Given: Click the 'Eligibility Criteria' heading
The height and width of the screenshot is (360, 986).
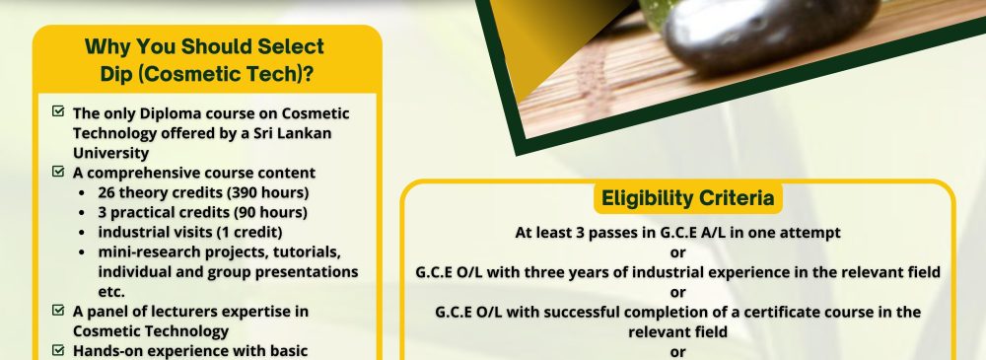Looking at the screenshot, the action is point(687,198).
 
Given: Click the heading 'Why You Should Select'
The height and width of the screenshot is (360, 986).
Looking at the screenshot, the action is point(204,46).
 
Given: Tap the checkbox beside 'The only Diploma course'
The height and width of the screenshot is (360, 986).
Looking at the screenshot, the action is point(58,111).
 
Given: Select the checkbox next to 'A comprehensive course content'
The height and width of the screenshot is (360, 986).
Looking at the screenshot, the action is point(58,172).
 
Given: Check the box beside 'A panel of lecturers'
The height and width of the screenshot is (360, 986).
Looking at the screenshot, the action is point(58,310).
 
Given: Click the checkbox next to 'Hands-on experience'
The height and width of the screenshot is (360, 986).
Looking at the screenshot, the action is point(58,349).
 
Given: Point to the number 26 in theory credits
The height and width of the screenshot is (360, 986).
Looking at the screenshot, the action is point(106,192).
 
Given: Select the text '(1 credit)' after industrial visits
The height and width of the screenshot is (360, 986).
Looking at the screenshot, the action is point(249,232).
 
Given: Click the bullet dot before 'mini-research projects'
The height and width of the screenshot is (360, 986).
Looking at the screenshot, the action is point(83,252).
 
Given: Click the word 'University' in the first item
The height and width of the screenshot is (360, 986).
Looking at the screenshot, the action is point(110,153).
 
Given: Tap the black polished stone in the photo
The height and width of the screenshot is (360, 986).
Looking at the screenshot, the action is point(770,35).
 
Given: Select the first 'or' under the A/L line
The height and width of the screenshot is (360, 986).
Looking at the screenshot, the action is point(678,252).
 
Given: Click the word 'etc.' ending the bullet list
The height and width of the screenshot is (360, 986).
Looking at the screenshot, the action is point(111,292).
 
